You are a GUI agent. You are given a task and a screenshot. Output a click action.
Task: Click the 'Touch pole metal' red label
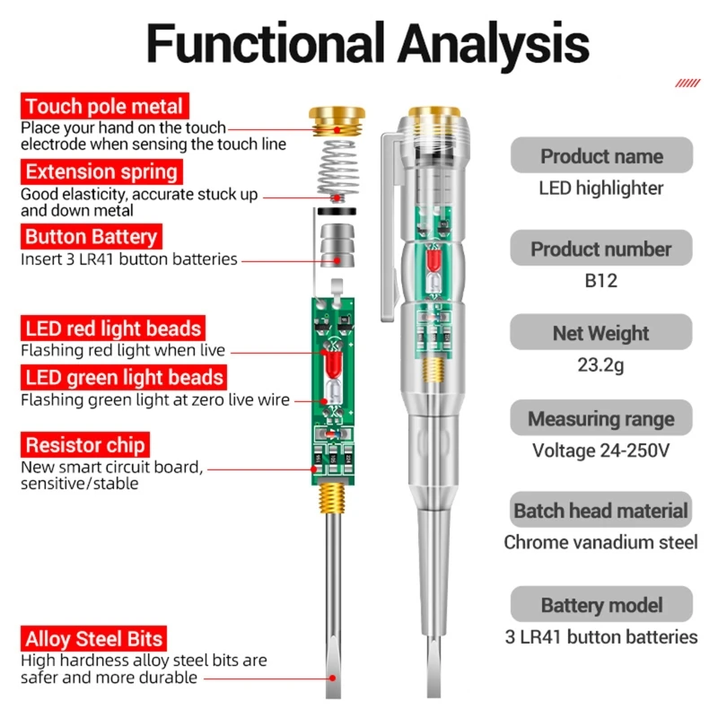point(104,108)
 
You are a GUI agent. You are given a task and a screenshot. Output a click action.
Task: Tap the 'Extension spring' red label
point(101,171)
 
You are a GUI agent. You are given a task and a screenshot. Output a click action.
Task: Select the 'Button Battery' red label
point(91,238)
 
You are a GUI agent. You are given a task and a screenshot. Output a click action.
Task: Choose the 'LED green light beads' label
point(122,378)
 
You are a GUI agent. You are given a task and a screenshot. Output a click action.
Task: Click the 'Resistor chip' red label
point(85,445)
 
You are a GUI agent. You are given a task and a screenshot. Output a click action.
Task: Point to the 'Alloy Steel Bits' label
point(94,639)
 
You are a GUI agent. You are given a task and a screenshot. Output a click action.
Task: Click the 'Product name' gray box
point(601,156)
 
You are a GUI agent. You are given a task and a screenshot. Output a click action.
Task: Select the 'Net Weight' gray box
point(601,333)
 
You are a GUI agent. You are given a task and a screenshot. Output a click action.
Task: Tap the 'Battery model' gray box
point(601,605)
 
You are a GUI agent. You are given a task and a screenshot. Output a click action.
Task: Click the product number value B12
point(601,281)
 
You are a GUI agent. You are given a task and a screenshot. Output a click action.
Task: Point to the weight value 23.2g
point(601,365)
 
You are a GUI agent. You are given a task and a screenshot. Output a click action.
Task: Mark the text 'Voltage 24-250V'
point(601,451)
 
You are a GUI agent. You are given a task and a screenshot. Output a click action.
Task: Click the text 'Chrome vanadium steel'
point(601,542)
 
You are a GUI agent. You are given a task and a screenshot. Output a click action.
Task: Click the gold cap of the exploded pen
point(337,117)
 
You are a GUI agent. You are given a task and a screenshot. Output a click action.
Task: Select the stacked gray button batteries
point(337,245)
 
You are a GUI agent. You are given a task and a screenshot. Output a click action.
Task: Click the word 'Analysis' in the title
point(493,42)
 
